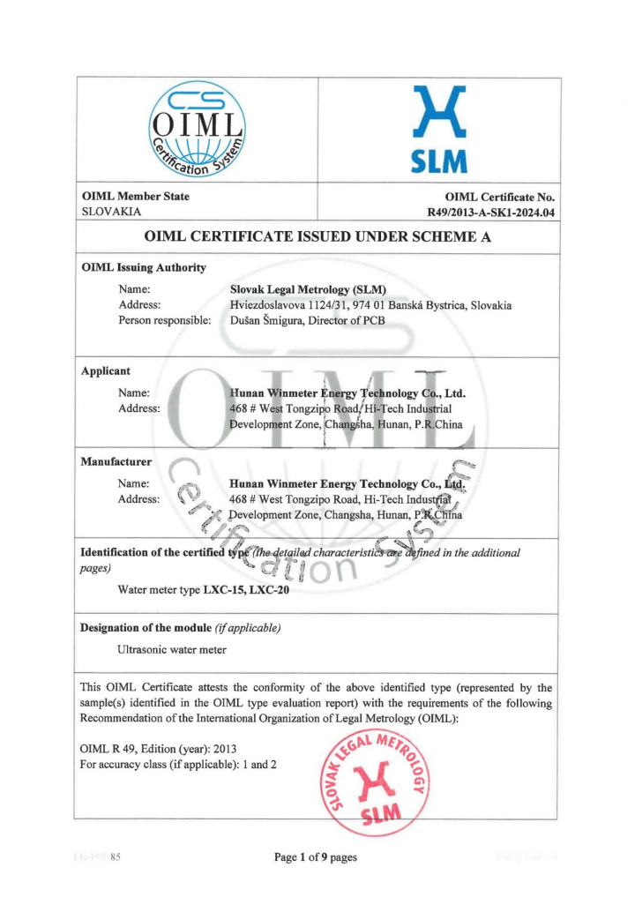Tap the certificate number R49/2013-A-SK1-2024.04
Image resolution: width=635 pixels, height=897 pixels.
pyautogui.click(x=490, y=213)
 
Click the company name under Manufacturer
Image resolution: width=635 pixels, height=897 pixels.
pyautogui.click(x=347, y=483)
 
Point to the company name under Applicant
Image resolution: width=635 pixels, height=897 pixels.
pyautogui.click(x=347, y=393)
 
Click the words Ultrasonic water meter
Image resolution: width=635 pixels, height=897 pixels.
pyautogui.click(x=171, y=649)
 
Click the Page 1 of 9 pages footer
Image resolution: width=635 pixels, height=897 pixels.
pyautogui.click(x=316, y=857)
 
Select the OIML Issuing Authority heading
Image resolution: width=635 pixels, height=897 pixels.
pyautogui.click(x=143, y=267)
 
